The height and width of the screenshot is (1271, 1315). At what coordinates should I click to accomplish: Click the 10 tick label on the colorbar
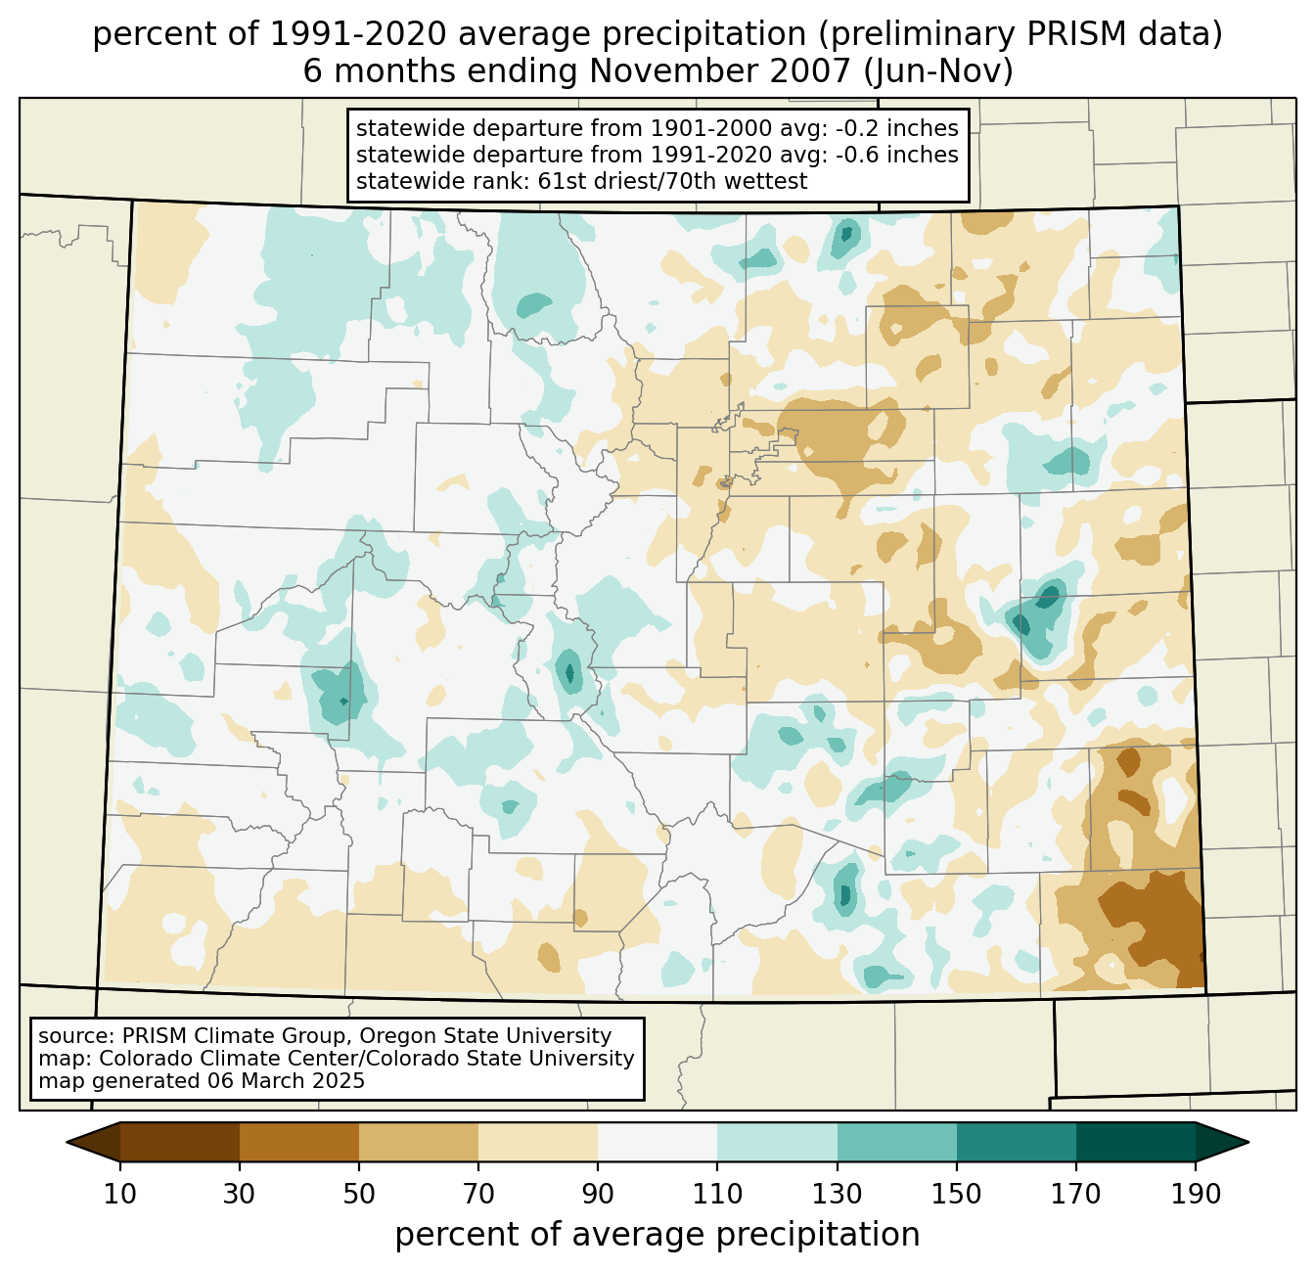point(120,1194)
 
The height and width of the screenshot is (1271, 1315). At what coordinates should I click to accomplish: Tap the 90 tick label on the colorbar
point(598,1194)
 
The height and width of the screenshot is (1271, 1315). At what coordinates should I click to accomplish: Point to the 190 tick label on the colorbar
point(1195,1194)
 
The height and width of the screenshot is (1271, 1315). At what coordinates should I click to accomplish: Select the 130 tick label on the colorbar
point(838,1194)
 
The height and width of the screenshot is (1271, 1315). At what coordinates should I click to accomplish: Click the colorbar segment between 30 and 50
point(299,1142)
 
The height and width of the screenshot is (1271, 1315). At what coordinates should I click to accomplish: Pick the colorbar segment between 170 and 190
point(1135,1142)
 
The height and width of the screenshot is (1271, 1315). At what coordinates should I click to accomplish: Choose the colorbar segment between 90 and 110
point(657,1142)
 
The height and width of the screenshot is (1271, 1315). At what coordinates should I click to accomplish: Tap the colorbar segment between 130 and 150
point(897,1142)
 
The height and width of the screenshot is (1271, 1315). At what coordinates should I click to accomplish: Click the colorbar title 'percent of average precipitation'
point(657,1235)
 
